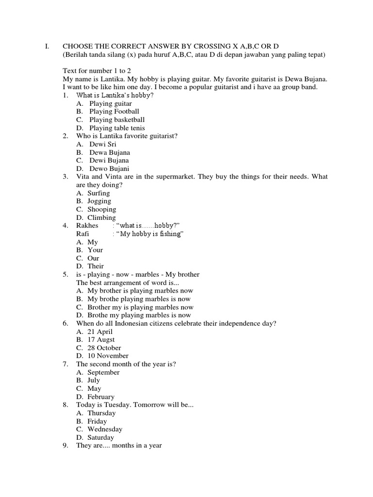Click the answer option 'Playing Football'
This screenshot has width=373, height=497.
(114, 112)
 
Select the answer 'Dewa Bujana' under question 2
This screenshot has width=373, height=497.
(110, 152)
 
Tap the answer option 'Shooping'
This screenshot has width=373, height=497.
(102, 209)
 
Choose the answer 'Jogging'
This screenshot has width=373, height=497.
(99, 201)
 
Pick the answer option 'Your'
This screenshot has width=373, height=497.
(95, 250)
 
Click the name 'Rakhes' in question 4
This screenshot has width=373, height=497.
(87, 226)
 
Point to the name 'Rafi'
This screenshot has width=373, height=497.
(83, 234)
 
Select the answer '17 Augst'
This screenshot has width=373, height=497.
(101, 340)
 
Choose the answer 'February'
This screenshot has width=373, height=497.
(101, 397)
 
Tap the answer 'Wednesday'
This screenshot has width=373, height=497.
(105, 429)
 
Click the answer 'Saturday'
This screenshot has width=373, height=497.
(101, 437)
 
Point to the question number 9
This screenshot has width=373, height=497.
(65, 446)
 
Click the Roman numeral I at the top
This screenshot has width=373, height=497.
(47, 47)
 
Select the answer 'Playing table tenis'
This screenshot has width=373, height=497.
(117, 128)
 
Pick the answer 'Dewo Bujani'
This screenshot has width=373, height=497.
(109, 168)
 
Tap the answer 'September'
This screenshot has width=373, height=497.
(103, 372)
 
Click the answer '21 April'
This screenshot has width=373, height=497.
(100, 331)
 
